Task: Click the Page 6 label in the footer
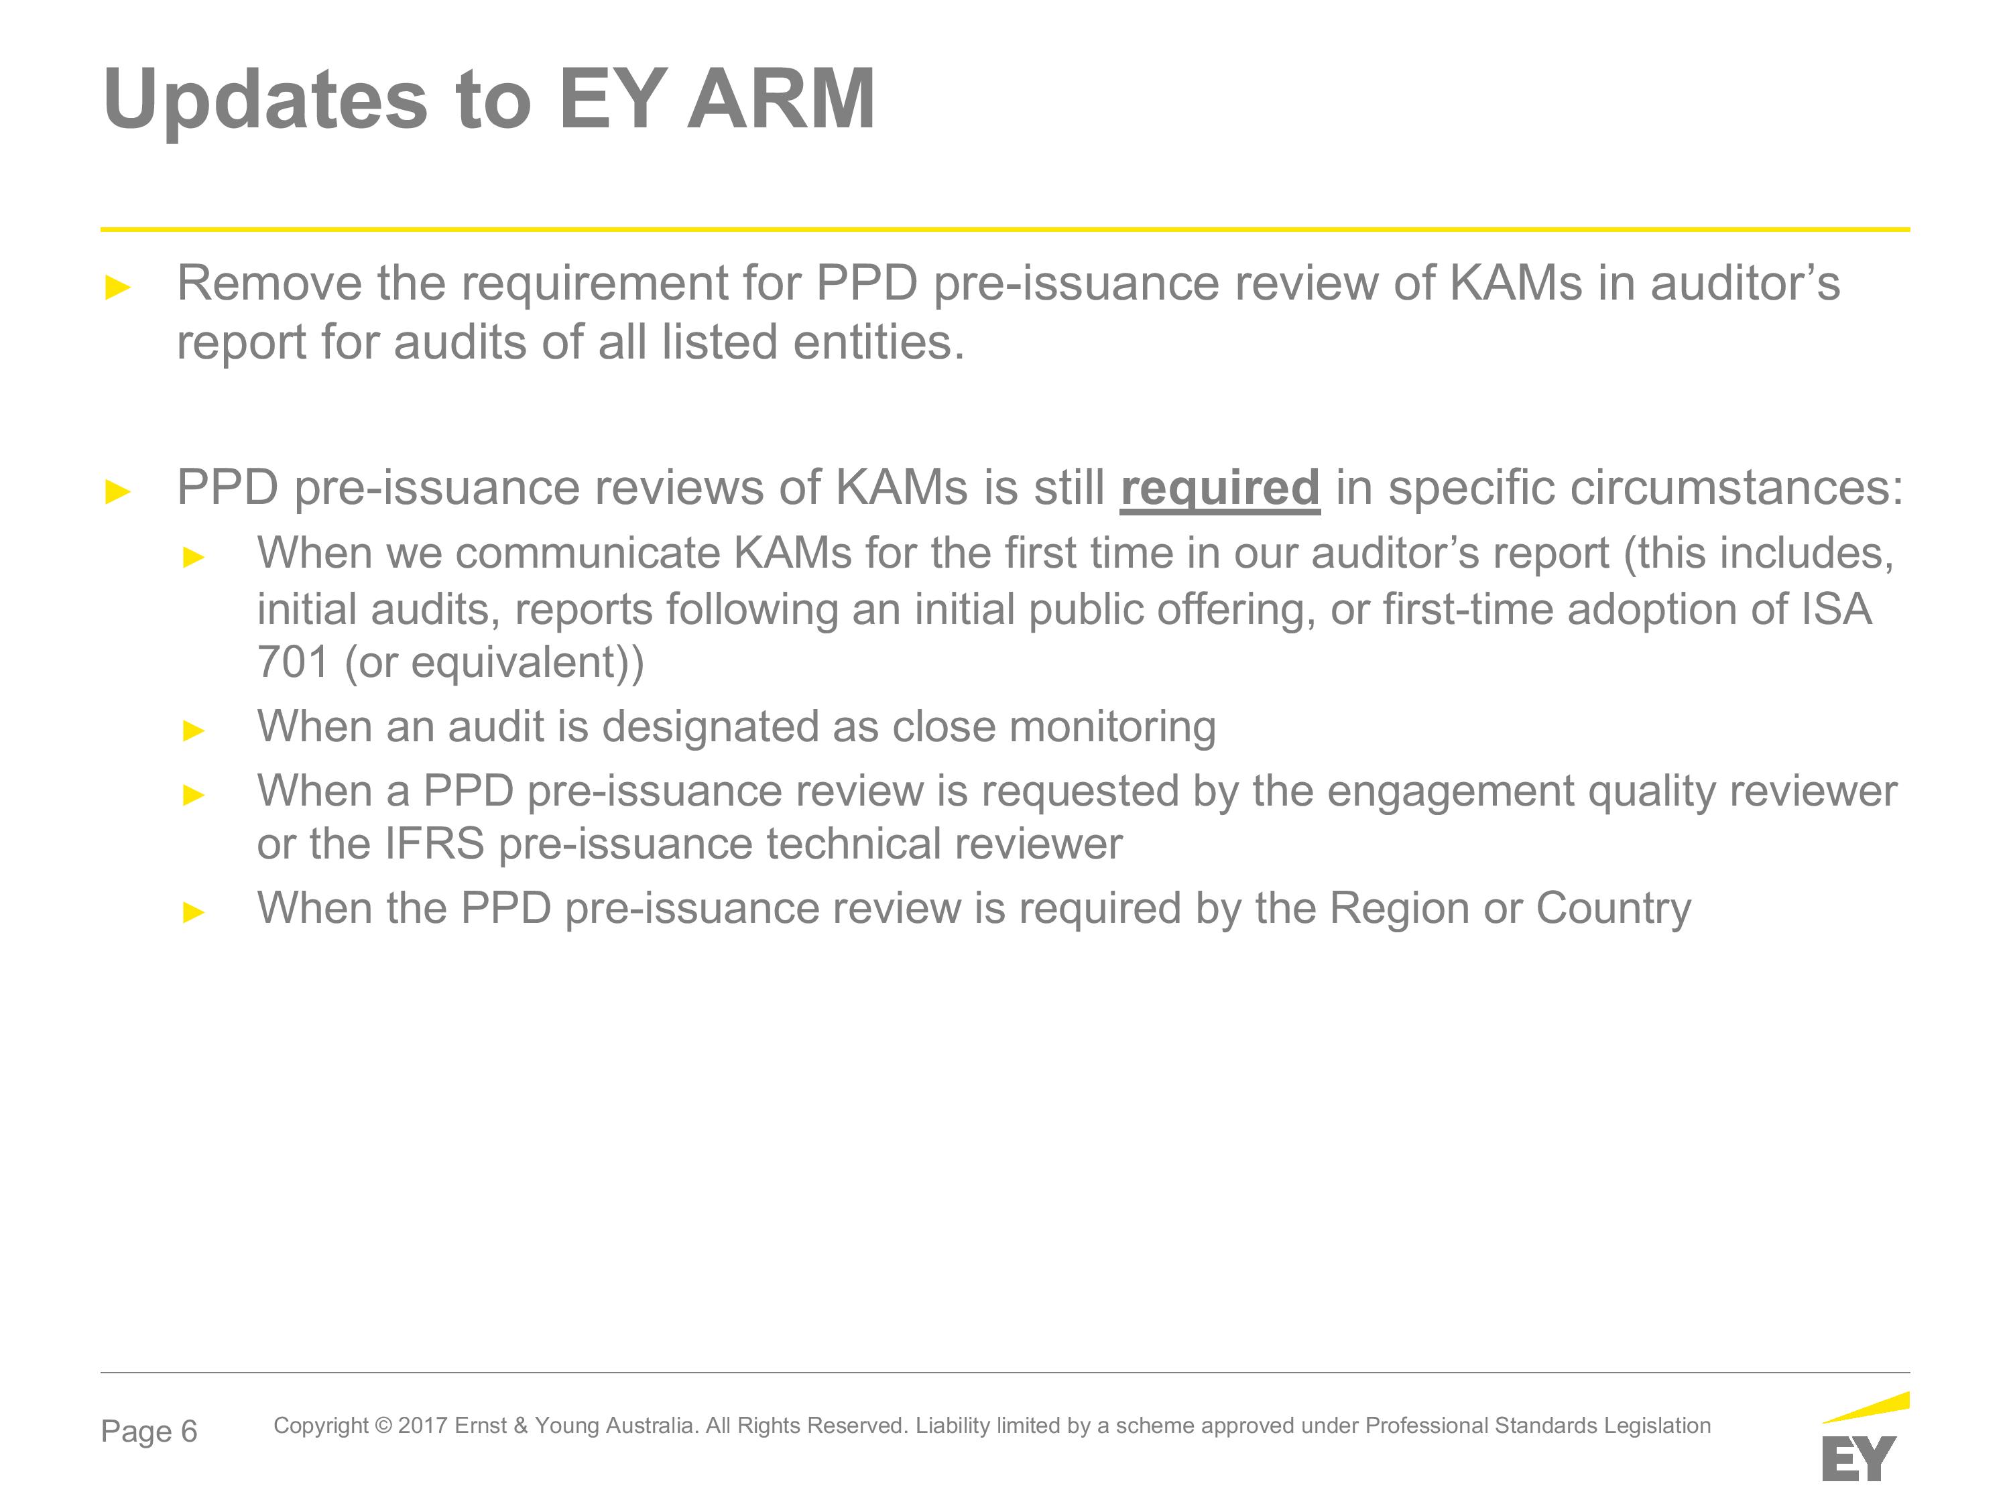[149, 1432]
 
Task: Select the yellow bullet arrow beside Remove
[118, 288]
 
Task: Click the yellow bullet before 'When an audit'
[194, 730]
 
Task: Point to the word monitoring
[1112, 728]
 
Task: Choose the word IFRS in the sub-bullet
[434, 844]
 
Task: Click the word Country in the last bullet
[1613, 909]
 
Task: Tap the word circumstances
[1646, 488]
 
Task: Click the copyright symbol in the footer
[383, 1426]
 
